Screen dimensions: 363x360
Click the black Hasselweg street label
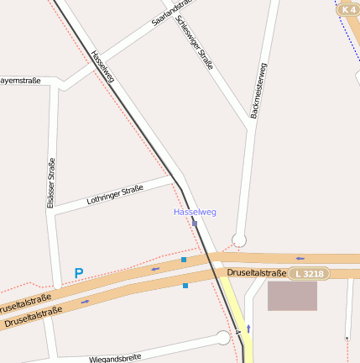click(x=102, y=66)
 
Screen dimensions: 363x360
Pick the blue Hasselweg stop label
click(x=195, y=212)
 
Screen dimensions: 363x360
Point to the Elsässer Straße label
click(x=50, y=183)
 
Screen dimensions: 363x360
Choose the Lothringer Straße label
click(x=115, y=197)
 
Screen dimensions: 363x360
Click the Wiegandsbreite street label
click(x=115, y=358)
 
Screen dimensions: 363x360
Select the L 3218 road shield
click(x=310, y=274)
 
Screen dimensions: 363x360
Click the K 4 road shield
click(x=348, y=9)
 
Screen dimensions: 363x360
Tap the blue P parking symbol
click(x=79, y=273)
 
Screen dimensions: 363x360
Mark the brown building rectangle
click(x=292, y=296)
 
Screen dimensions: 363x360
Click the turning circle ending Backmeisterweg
click(x=239, y=240)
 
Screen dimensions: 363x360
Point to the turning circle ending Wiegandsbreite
click(x=223, y=338)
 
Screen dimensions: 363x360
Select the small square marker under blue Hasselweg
click(x=195, y=224)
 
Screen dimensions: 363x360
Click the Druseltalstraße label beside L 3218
click(x=258, y=273)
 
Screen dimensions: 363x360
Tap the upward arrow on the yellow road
click(x=248, y=328)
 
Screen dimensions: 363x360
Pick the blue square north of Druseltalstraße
click(x=184, y=260)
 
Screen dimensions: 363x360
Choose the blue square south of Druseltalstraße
click(x=185, y=286)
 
